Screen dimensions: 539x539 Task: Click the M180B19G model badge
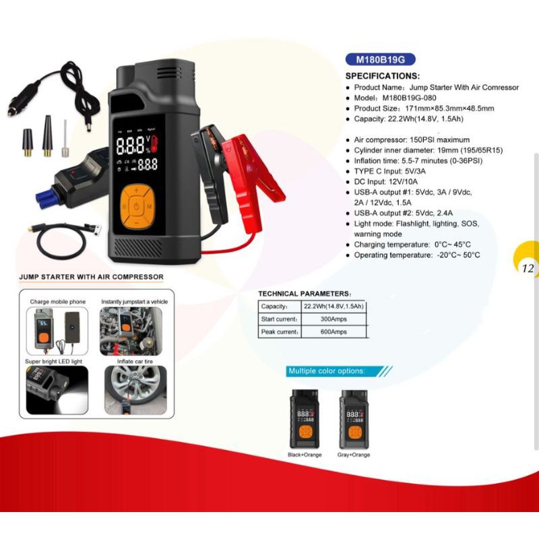pos(380,59)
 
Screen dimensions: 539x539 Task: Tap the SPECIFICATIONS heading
pos(382,75)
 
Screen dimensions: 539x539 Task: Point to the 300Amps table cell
pos(334,319)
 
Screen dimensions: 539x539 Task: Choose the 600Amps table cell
pos(334,331)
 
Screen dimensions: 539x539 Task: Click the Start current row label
pos(279,319)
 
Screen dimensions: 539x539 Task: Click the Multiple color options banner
pos(327,371)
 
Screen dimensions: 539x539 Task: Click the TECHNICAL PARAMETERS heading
pos(305,294)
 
